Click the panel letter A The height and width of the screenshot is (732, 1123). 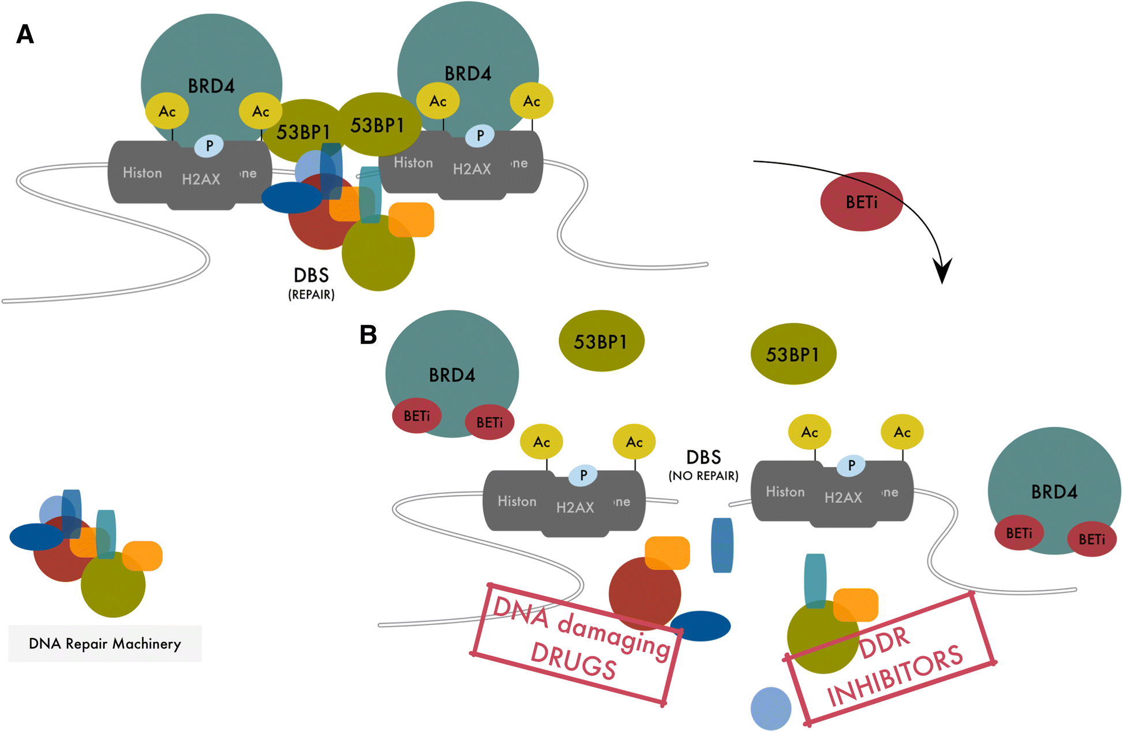25,35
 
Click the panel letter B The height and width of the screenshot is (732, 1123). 368,335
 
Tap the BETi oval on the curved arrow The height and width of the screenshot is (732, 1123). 861,202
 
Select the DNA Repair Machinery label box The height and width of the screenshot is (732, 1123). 105,644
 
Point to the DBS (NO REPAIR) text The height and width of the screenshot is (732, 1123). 703,465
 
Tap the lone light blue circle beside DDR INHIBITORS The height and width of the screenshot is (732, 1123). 770,708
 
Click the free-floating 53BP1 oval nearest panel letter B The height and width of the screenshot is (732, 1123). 601,341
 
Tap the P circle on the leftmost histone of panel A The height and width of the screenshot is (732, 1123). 209,145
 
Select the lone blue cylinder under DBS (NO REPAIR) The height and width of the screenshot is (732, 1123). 722,545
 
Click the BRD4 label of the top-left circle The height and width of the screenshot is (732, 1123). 211,86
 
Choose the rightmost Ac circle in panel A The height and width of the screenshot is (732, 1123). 531,101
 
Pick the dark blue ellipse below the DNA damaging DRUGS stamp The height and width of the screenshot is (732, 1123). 701,626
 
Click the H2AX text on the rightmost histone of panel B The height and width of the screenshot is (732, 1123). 843,498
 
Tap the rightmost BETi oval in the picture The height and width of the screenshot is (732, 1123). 1092,539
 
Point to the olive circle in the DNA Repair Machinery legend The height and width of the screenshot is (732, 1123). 113,585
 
